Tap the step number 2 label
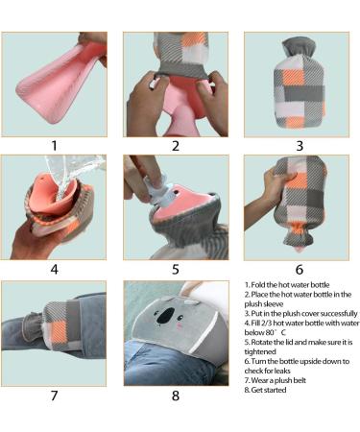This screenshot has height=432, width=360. [x=176, y=146]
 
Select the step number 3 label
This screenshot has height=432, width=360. [x=300, y=146]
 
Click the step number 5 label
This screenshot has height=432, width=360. [x=176, y=270]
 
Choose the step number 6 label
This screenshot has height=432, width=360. [x=300, y=270]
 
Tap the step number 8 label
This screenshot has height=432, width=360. [x=176, y=394]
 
